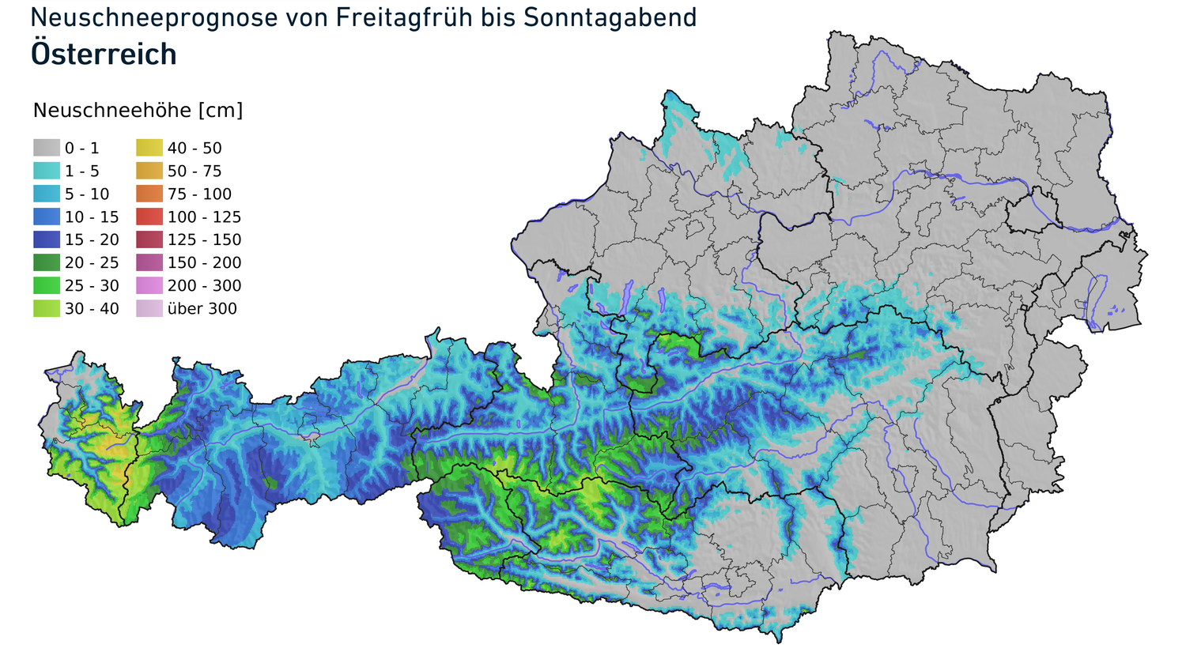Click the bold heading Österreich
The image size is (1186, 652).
pyautogui.click(x=104, y=55)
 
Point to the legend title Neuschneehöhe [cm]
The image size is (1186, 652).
pyautogui.click(x=138, y=111)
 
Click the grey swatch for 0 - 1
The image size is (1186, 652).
pyautogui.click(x=46, y=148)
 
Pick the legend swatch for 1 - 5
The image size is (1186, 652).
pyautogui.click(x=46, y=171)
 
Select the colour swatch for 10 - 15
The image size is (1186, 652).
pyautogui.click(x=46, y=217)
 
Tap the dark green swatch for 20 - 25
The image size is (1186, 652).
pyautogui.click(x=46, y=262)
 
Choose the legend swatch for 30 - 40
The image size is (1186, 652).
pyautogui.click(x=46, y=308)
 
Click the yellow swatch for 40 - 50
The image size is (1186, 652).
pyautogui.click(x=149, y=148)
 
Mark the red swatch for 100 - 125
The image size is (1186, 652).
pyautogui.click(x=149, y=217)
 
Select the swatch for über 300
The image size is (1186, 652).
pyautogui.click(x=149, y=308)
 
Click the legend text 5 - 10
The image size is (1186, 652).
pyautogui.click(x=87, y=194)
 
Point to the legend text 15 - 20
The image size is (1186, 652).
pyautogui.click(x=92, y=239)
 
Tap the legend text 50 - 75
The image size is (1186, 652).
pyautogui.click(x=195, y=171)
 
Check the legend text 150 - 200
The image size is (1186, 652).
pyautogui.click(x=204, y=262)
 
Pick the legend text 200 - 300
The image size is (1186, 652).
pyautogui.click(x=204, y=285)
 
